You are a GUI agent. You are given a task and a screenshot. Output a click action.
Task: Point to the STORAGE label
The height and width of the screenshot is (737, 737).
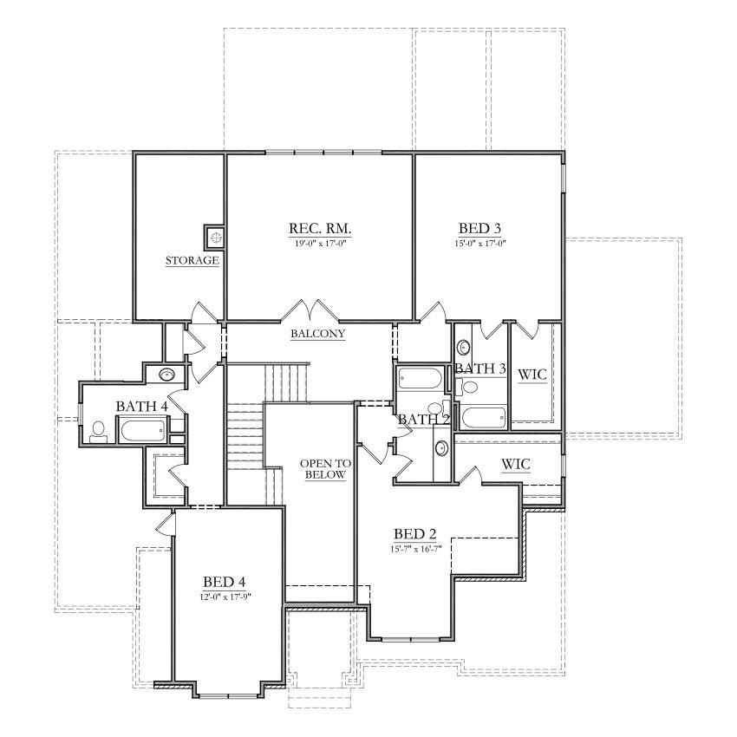(x=192, y=260)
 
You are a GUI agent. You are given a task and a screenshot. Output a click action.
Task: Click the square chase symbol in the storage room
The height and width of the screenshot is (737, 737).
(x=214, y=235)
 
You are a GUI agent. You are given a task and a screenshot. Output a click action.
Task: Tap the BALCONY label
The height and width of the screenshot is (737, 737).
(x=319, y=333)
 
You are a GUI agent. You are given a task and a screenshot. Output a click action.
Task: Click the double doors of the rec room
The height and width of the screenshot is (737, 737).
(x=310, y=310)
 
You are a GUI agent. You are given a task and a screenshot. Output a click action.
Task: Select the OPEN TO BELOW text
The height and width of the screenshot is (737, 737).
(x=323, y=469)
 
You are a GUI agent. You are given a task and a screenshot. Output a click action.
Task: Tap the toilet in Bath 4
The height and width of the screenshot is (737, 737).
(x=98, y=430)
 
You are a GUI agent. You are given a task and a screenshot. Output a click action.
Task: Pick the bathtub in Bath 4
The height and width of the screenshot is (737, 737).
(x=142, y=429)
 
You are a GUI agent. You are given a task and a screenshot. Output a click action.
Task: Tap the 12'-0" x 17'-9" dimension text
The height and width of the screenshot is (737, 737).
(x=225, y=596)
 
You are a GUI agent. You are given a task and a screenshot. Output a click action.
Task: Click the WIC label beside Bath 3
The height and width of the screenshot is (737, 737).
(x=532, y=375)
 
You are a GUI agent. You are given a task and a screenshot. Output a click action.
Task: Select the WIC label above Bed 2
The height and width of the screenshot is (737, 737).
(x=516, y=465)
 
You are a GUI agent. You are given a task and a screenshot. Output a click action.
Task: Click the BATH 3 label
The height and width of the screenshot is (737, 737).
(x=479, y=368)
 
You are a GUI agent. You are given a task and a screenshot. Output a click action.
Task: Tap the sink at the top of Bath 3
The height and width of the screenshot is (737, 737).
(x=464, y=347)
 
